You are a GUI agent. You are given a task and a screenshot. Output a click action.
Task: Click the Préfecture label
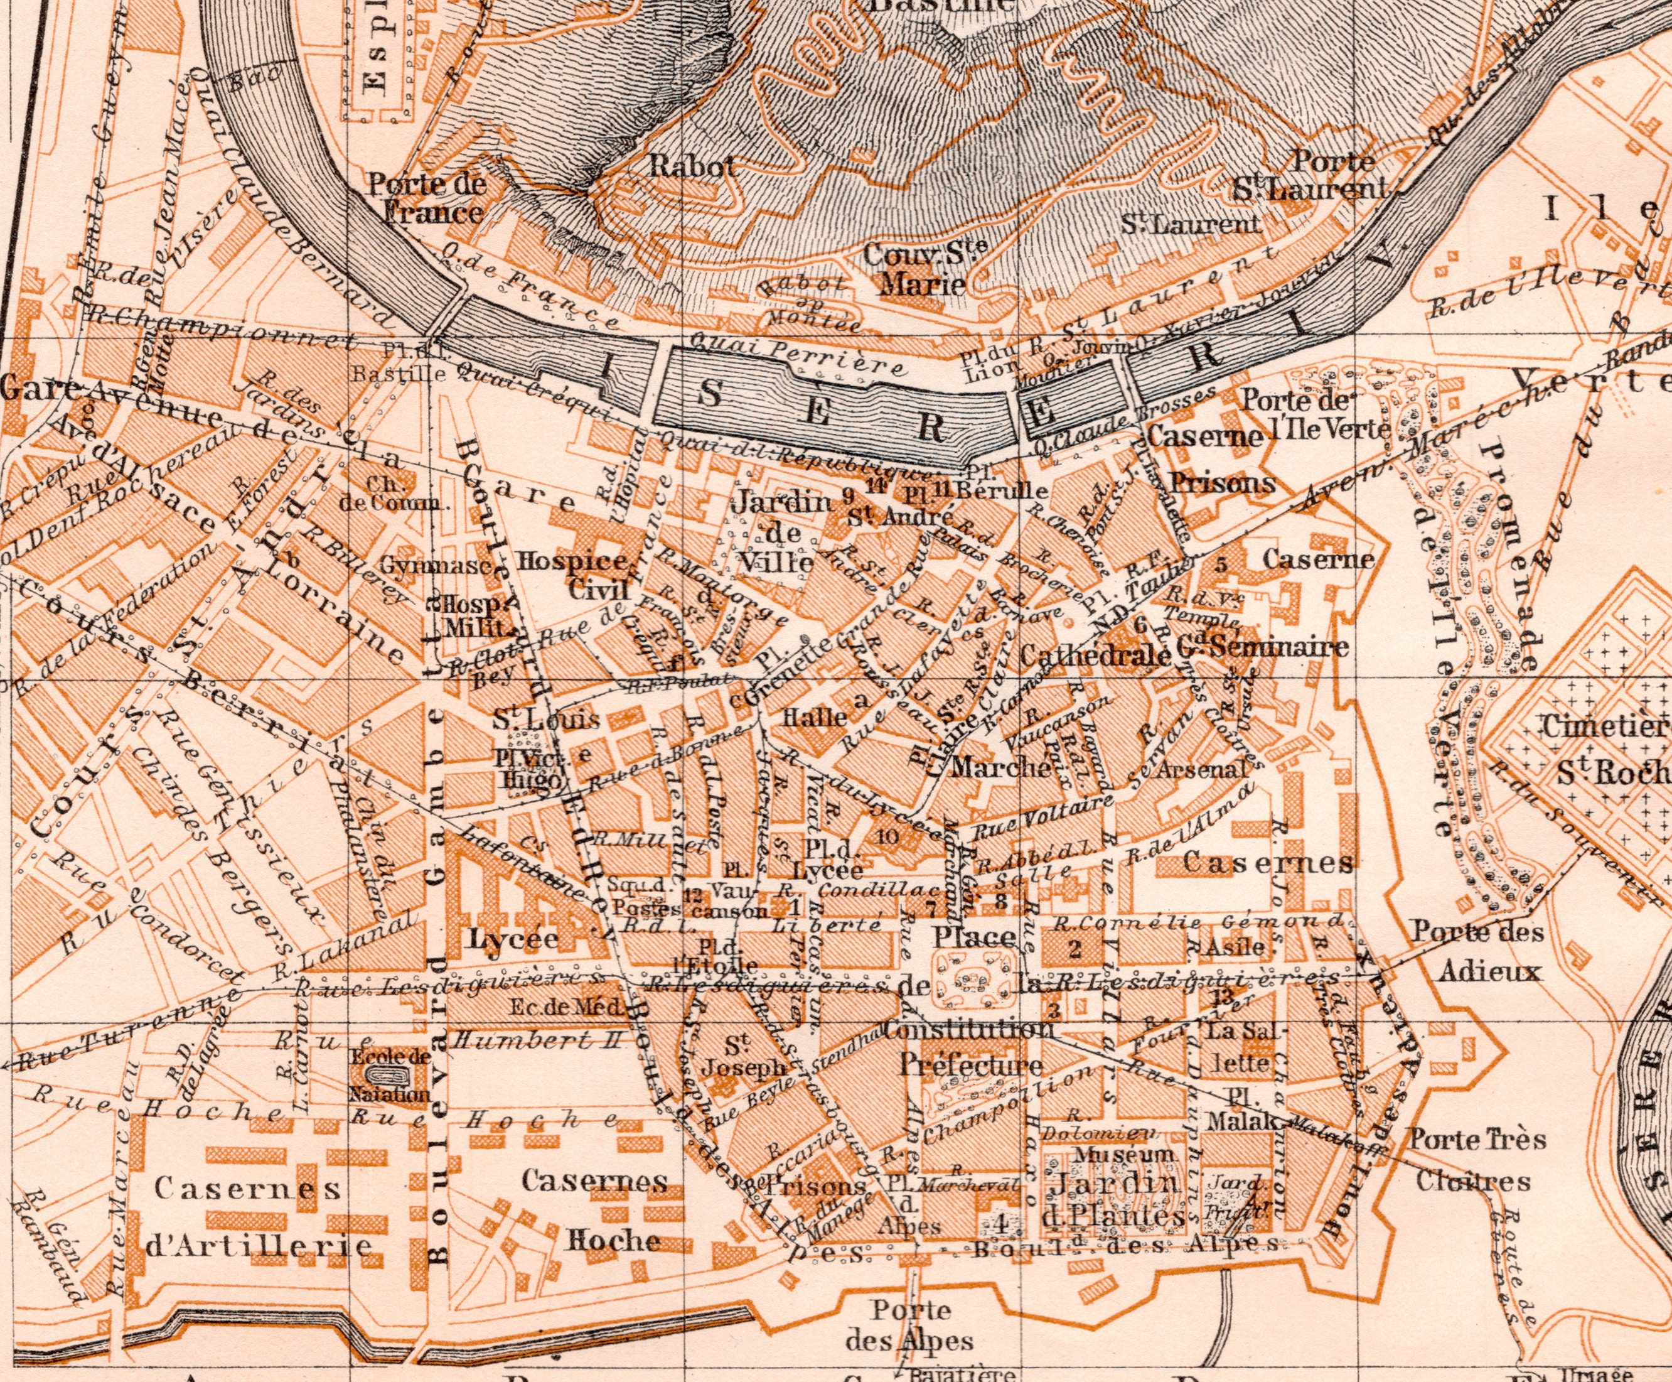[x=972, y=1065]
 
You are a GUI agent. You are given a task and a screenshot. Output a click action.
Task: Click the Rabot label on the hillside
[x=692, y=166]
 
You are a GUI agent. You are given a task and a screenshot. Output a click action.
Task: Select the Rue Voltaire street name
[x=1043, y=812]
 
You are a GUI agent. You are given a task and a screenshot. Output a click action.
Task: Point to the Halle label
[x=814, y=716]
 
